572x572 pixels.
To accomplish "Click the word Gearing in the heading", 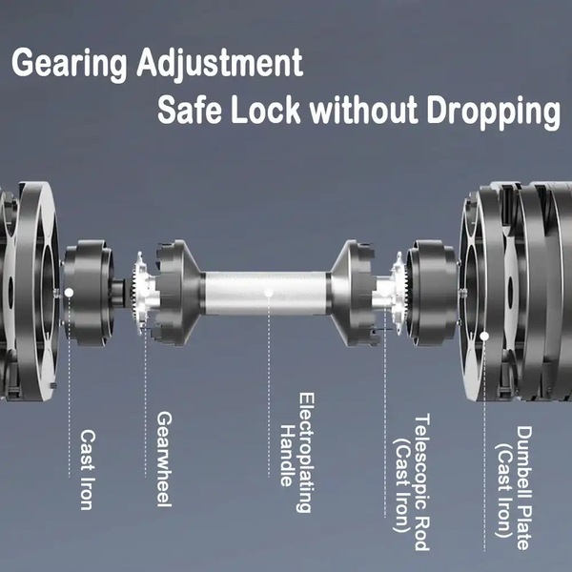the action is click(70, 65).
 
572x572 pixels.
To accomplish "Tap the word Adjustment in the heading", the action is click(220, 64).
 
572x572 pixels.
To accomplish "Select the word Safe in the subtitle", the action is click(190, 110).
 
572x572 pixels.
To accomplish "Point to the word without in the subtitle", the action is click(364, 110).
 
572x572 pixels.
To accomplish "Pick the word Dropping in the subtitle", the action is click(494, 112).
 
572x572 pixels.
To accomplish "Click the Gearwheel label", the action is click(164, 460).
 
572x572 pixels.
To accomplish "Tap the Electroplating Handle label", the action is click(297, 453).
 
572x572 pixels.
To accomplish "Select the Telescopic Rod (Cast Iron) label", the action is click(412, 481).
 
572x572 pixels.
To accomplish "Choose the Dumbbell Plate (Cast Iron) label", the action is click(514, 488).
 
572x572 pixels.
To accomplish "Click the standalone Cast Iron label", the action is click(88, 469).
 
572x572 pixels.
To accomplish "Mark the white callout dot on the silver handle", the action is click(269, 293).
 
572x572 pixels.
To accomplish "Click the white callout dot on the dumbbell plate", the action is click(484, 336).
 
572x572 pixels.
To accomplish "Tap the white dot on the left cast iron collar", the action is click(69, 293).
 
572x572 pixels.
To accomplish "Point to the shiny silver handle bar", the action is click(266, 294).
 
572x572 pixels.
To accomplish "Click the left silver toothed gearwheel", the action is click(143, 292).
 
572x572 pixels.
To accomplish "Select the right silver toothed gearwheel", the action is click(399, 293).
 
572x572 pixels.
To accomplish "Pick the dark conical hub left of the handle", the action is click(179, 293).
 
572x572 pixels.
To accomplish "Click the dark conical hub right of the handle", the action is click(353, 293).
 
